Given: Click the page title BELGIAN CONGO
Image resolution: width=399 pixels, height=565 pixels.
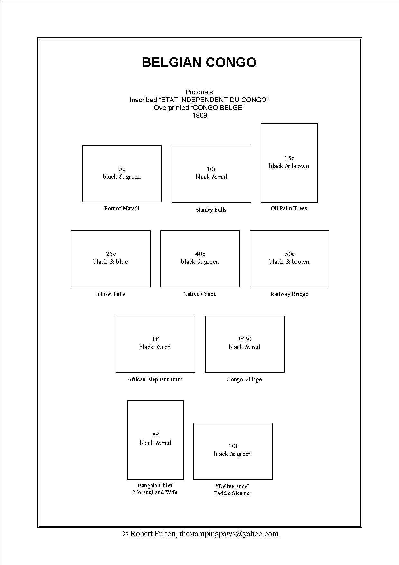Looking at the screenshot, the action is click(199, 62).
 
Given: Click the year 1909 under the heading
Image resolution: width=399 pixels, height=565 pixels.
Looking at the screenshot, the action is click(199, 115).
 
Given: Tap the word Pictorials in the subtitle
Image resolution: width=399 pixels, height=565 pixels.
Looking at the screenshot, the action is click(199, 92).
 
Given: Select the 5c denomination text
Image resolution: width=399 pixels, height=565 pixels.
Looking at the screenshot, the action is click(122, 169).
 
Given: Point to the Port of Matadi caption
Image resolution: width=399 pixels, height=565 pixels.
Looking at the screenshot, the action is click(122, 208).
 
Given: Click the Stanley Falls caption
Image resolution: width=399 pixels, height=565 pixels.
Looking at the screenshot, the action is click(211, 210).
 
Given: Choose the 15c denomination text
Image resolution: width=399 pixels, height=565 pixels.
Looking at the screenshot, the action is click(289, 158).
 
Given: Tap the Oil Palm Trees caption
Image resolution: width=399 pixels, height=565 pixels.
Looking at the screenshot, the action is click(289, 208).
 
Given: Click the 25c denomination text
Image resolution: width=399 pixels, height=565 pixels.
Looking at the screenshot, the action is click(111, 254).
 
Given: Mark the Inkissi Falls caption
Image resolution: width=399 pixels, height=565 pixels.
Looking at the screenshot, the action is click(110, 294).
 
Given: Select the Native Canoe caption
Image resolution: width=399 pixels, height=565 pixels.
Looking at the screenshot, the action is click(200, 294).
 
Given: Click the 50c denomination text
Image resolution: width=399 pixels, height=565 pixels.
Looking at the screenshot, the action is click(289, 254).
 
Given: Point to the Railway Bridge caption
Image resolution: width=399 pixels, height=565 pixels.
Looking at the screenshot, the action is click(289, 294).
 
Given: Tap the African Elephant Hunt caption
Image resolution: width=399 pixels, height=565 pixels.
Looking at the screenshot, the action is click(155, 379).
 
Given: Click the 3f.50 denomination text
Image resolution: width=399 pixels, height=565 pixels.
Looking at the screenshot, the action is click(244, 339).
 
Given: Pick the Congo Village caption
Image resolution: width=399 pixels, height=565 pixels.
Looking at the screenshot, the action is click(244, 379).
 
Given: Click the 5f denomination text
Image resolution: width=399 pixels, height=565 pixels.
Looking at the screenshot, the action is click(155, 435).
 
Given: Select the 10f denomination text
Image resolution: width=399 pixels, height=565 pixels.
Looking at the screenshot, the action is click(233, 446).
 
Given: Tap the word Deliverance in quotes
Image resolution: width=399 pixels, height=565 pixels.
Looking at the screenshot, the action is click(233, 486).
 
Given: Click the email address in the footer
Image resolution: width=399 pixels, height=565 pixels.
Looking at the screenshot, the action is click(229, 534).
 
